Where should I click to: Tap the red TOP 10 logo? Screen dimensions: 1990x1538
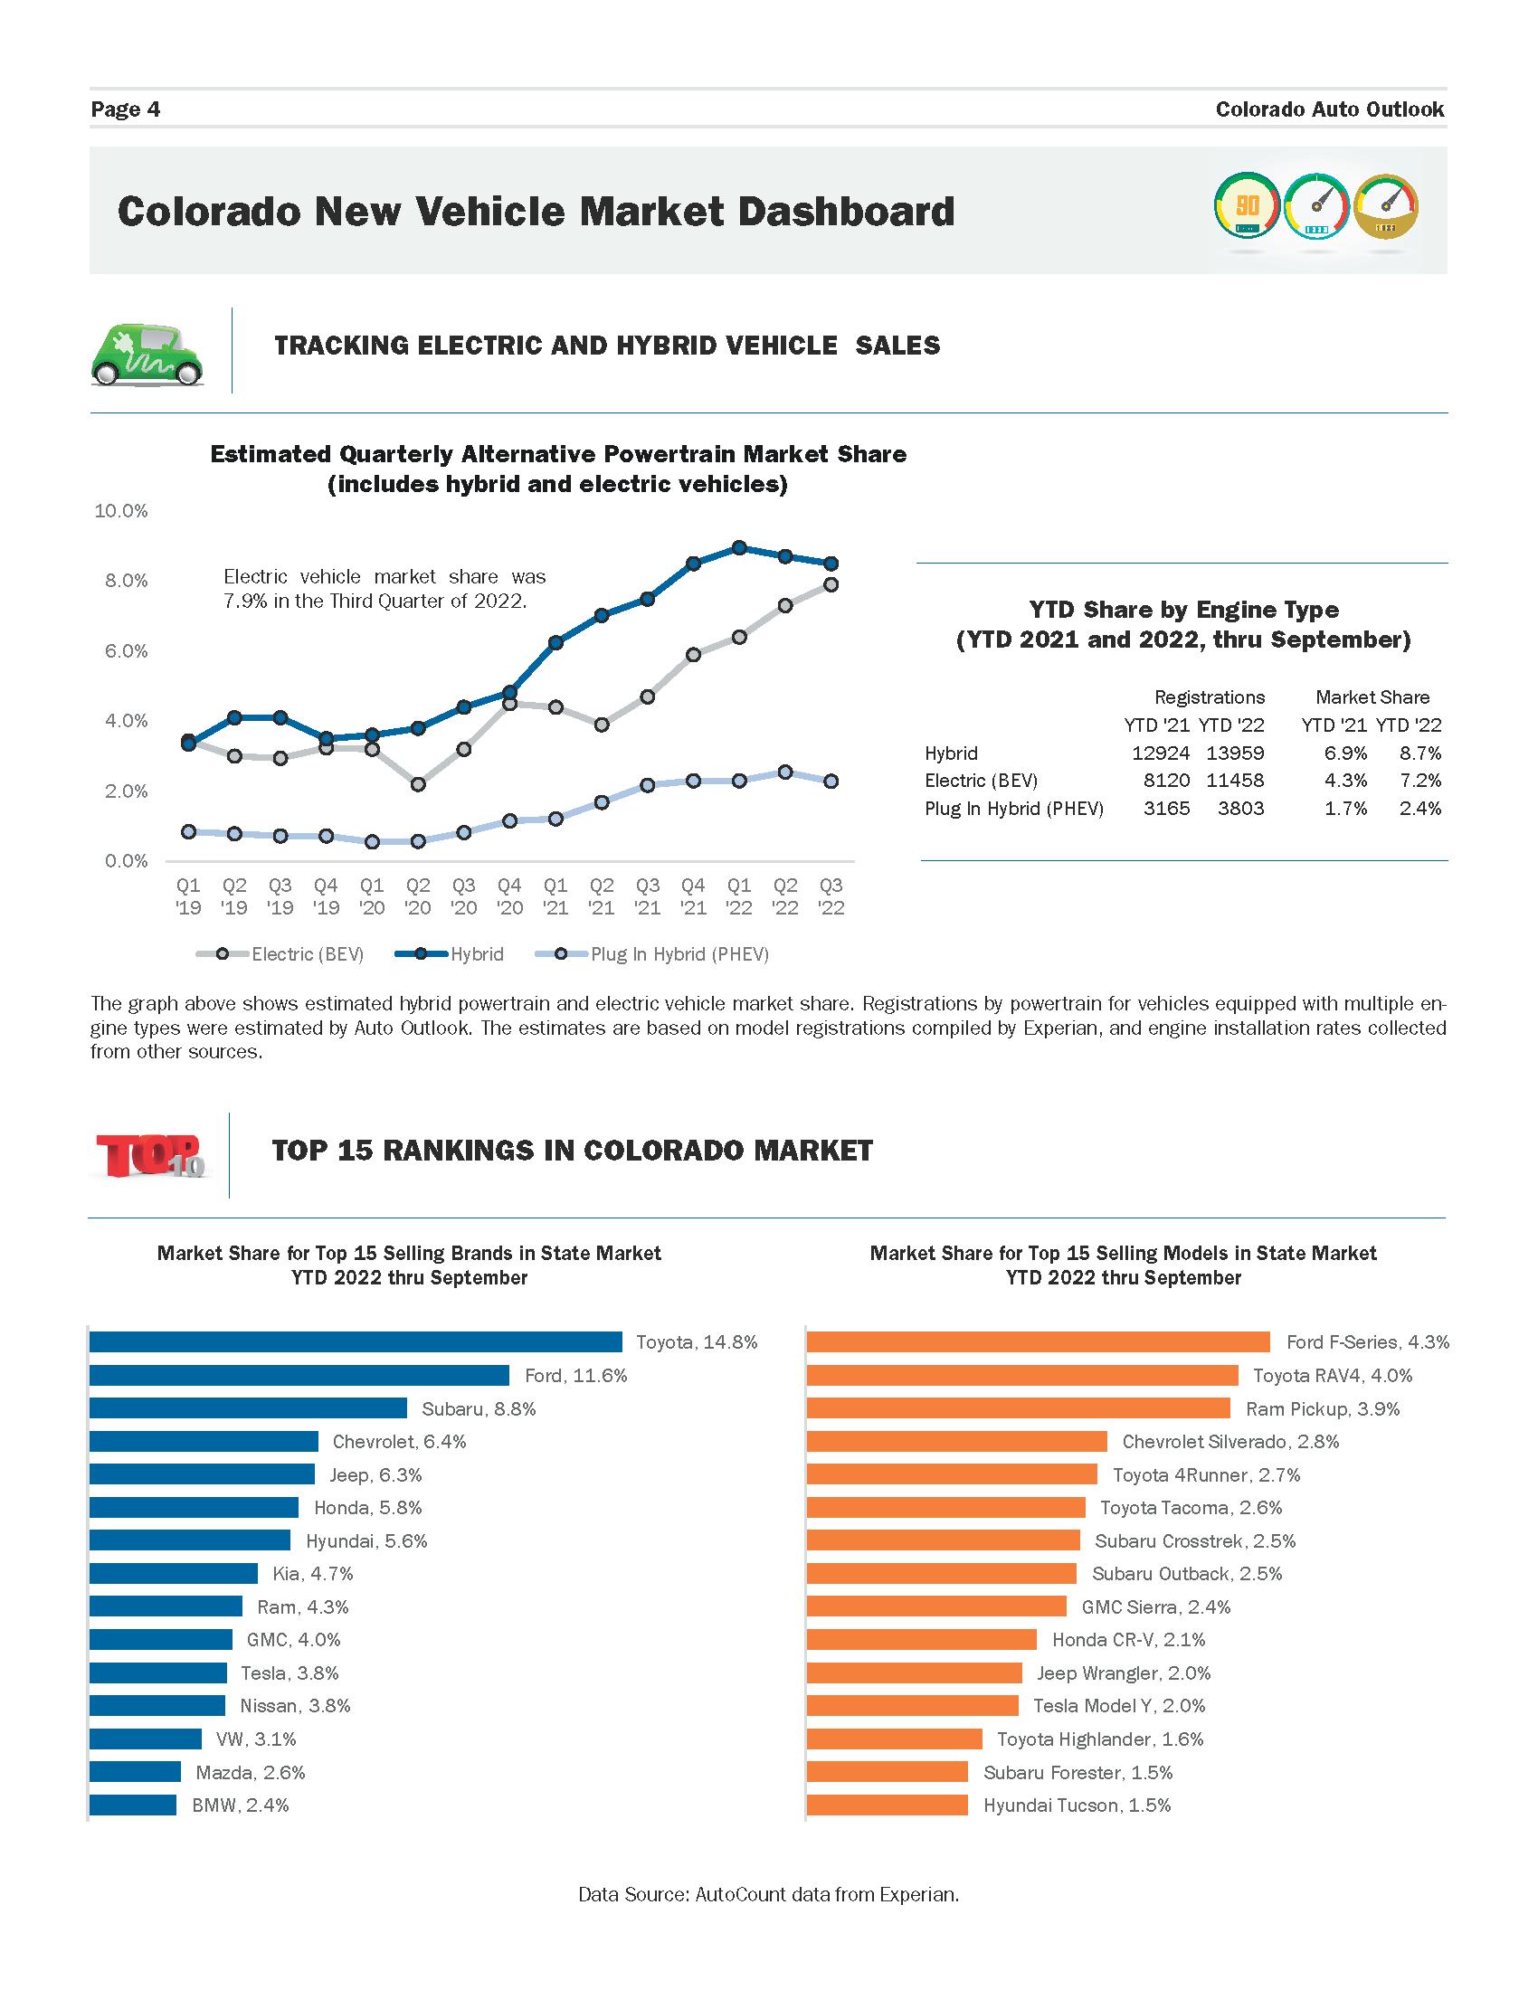point(150,1155)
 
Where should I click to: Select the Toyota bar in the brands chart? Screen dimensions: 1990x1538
point(356,1341)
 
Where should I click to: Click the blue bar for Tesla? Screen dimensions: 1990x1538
point(157,1673)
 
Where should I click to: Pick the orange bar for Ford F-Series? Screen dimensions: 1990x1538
point(1038,1341)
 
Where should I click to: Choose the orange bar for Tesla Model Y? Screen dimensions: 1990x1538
point(912,1706)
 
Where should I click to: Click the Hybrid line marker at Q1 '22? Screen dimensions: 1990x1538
point(739,547)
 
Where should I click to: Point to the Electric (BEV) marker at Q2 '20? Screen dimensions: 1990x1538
point(418,783)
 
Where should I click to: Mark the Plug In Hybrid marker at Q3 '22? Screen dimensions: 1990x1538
point(831,781)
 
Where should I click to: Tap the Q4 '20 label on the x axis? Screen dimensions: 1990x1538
point(509,896)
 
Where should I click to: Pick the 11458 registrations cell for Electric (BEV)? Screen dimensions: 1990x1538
point(1231,781)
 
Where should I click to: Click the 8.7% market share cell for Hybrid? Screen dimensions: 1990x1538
point(1420,753)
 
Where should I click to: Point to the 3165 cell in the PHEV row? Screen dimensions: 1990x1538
point(1166,808)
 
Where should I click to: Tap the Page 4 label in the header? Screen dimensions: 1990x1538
point(126,109)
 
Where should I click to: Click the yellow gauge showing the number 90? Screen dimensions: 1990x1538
point(1247,206)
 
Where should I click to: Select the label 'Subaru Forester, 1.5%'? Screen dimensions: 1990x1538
point(1078,1772)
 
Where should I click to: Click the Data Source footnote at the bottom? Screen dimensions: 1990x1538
point(769,1895)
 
